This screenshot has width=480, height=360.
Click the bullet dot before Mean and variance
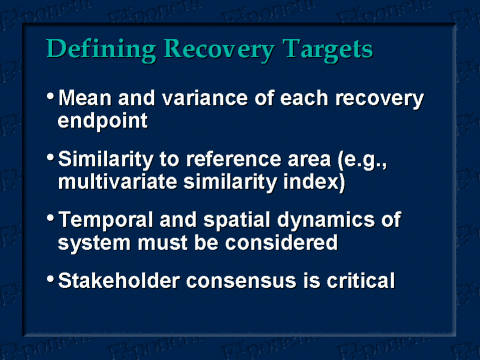(51, 98)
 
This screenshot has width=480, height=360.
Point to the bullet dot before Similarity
(51, 158)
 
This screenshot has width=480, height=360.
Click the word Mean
(85, 100)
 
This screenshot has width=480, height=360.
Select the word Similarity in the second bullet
(105, 160)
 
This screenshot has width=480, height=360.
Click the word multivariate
(115, 183)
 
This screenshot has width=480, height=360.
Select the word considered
(285, 244)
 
